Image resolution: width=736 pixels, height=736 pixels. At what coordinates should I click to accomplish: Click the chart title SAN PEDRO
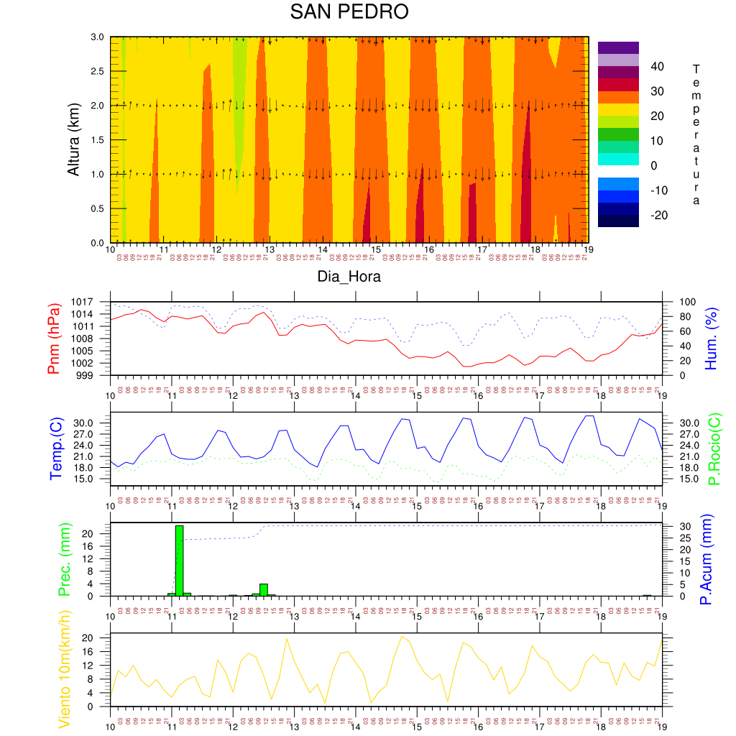[x=349, y=12]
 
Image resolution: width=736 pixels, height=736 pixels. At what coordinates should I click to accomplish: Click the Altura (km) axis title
[x=73, y=139]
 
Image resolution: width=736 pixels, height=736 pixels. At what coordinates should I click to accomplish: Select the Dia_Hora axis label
[x=349, y=277]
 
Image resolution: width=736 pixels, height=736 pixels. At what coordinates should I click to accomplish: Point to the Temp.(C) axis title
[x=55, y=448]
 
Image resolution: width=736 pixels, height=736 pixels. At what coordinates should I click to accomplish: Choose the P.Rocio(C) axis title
[x=714, y=448]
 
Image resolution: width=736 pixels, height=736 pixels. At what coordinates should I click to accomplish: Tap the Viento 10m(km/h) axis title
[x=63, y=670]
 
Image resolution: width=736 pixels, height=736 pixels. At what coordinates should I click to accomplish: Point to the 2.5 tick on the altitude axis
[x=96, y=71]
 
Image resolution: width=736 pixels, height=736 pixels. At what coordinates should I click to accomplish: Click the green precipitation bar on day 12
[x=264, y=590]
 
